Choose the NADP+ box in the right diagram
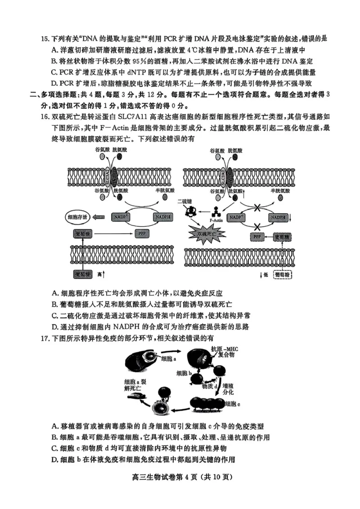[237, 217]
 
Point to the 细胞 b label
[184, 373]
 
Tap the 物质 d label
[210, 386]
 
